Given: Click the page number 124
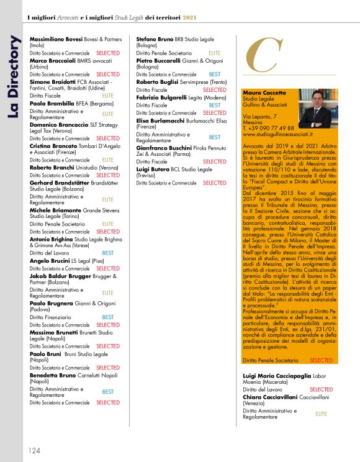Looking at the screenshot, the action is click(33, 450).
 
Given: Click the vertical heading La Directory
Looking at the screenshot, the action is click(14, 68).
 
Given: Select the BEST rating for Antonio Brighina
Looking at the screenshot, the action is click(107, 253).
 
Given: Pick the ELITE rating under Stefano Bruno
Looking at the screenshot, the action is click(214, 54).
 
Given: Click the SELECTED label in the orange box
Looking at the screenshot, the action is click(321, 360).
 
